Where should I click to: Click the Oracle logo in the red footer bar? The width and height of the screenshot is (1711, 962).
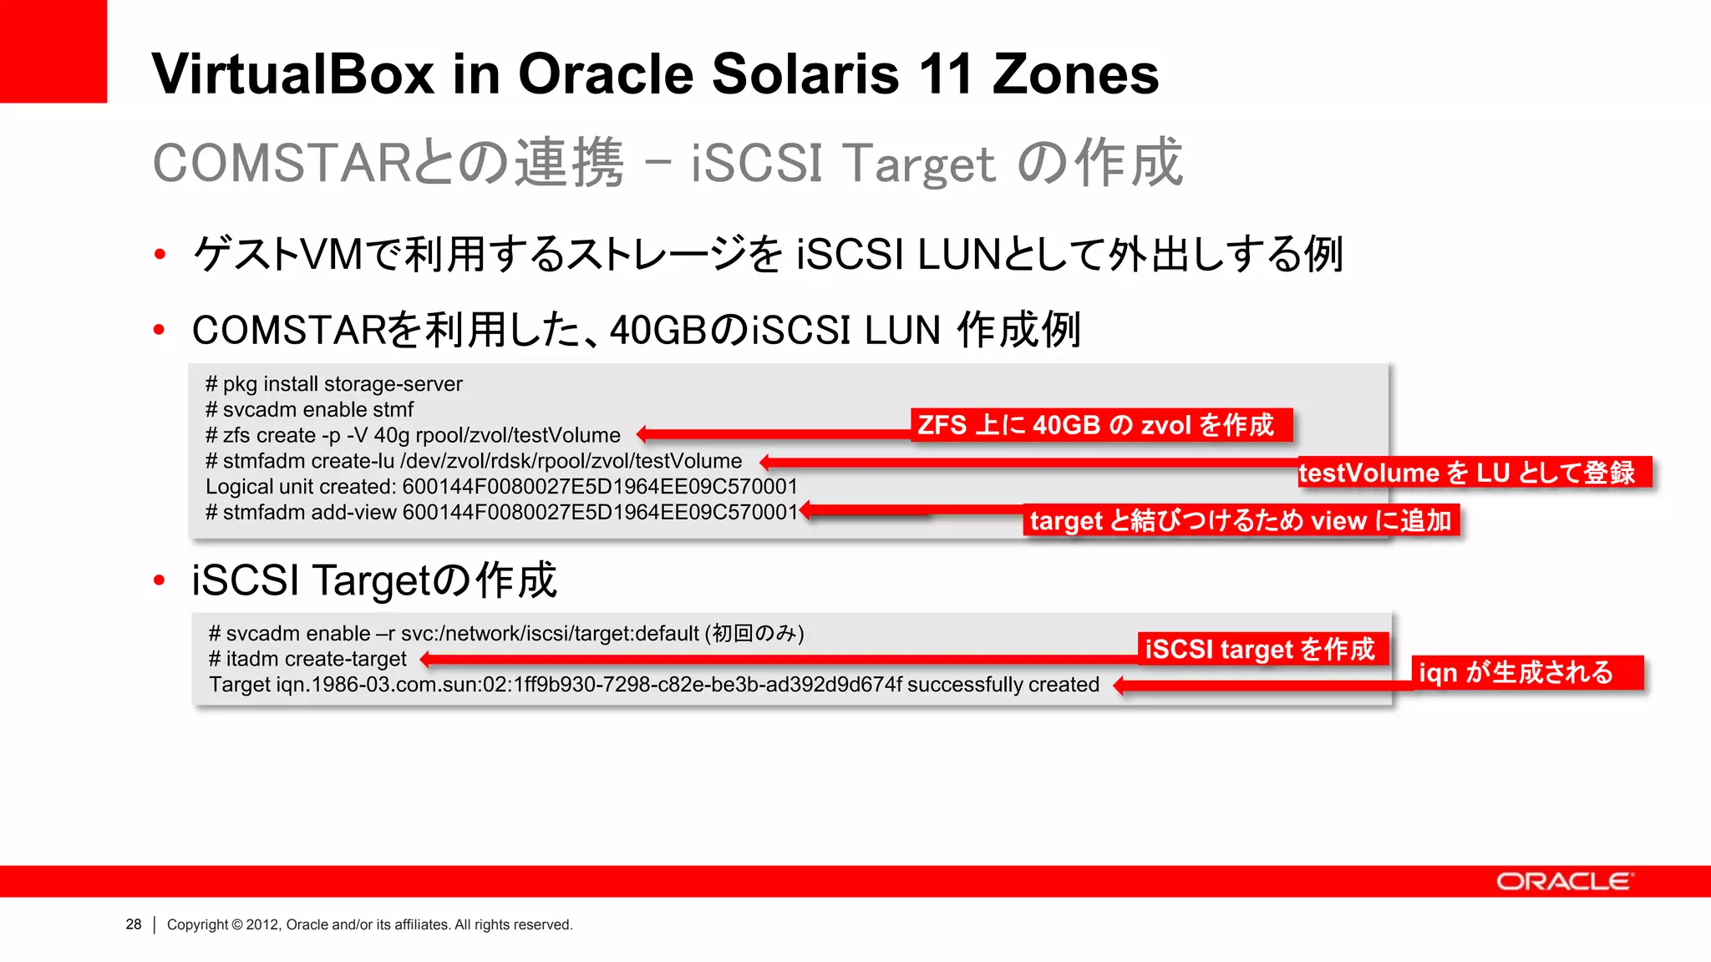pos(1563,882)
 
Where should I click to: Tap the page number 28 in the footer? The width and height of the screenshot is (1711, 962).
pos(134,924)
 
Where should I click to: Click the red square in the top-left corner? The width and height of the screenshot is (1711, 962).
pos(53,51)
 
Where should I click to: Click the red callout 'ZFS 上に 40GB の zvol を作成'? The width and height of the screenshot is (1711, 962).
pos(1100,425)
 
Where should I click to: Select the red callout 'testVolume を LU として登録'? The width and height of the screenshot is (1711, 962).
pos(1474,473)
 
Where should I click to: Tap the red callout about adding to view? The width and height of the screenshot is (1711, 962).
pos(1241,520)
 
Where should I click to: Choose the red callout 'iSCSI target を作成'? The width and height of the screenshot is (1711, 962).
pos(1261,649)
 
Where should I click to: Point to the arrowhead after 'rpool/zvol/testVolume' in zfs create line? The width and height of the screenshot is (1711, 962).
pos(642,434)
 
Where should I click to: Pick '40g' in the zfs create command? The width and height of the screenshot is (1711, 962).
pos(391,435)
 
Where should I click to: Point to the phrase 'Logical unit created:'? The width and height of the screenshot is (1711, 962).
pos(301,487)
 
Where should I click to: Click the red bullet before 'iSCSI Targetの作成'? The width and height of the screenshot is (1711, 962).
pos(160,580)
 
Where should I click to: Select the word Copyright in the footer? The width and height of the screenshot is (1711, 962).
pos(197,924)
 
